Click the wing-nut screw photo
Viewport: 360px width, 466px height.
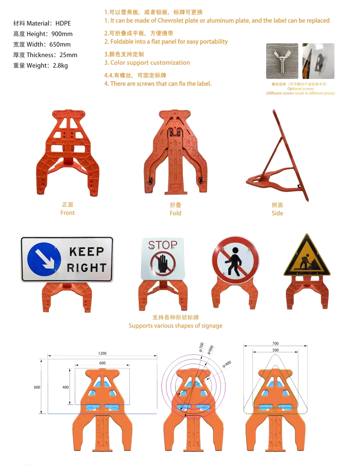tap(282, 61)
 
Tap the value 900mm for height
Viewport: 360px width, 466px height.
tap(62, 34)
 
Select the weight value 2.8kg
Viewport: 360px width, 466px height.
tap(60, 66)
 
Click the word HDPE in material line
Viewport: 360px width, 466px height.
tap(63, 23)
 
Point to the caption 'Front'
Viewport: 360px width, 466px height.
tap(68, 213)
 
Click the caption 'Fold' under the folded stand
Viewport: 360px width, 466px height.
tap(176, 213)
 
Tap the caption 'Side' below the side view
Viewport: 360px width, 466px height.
tap(277, 213)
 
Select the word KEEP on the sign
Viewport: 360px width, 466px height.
tap(87, 252)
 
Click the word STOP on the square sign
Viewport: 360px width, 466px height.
tap(163, 245)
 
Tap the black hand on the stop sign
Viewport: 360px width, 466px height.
tap(163, 263)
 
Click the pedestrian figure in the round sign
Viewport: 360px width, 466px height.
tap(234, 261)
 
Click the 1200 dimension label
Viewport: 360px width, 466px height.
tap(102, 354)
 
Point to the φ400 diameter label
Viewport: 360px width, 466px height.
tap(227, 364)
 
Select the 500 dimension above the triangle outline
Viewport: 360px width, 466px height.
tap(275, 350)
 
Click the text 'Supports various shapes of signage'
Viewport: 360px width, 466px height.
tap(176, 326)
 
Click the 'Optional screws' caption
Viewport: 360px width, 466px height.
tap(300, 89)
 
